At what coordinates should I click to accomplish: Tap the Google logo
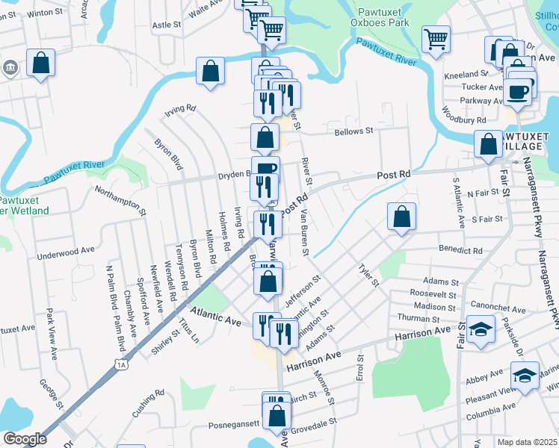(25, 439)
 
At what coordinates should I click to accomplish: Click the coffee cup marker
(517, 92)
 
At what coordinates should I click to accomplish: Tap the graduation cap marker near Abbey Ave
(525, 375)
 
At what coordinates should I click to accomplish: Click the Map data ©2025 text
(527, 442)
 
